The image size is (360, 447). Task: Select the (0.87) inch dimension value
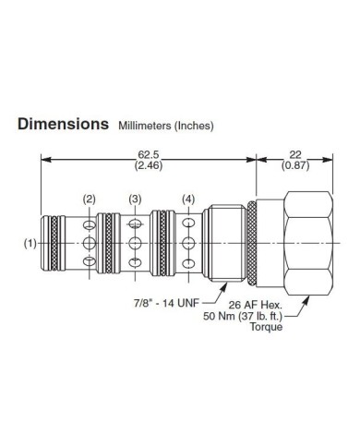pos(296,168)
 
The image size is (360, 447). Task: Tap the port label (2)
pos(89,199)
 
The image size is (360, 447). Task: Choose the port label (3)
pos(136,199)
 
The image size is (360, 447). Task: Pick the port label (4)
pos(188,199)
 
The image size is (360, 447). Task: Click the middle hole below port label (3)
pos(136,244)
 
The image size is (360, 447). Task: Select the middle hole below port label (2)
pos(89,244)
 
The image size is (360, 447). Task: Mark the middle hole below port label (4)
pos(188,244)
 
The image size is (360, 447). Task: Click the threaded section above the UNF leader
pos(228,244)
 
